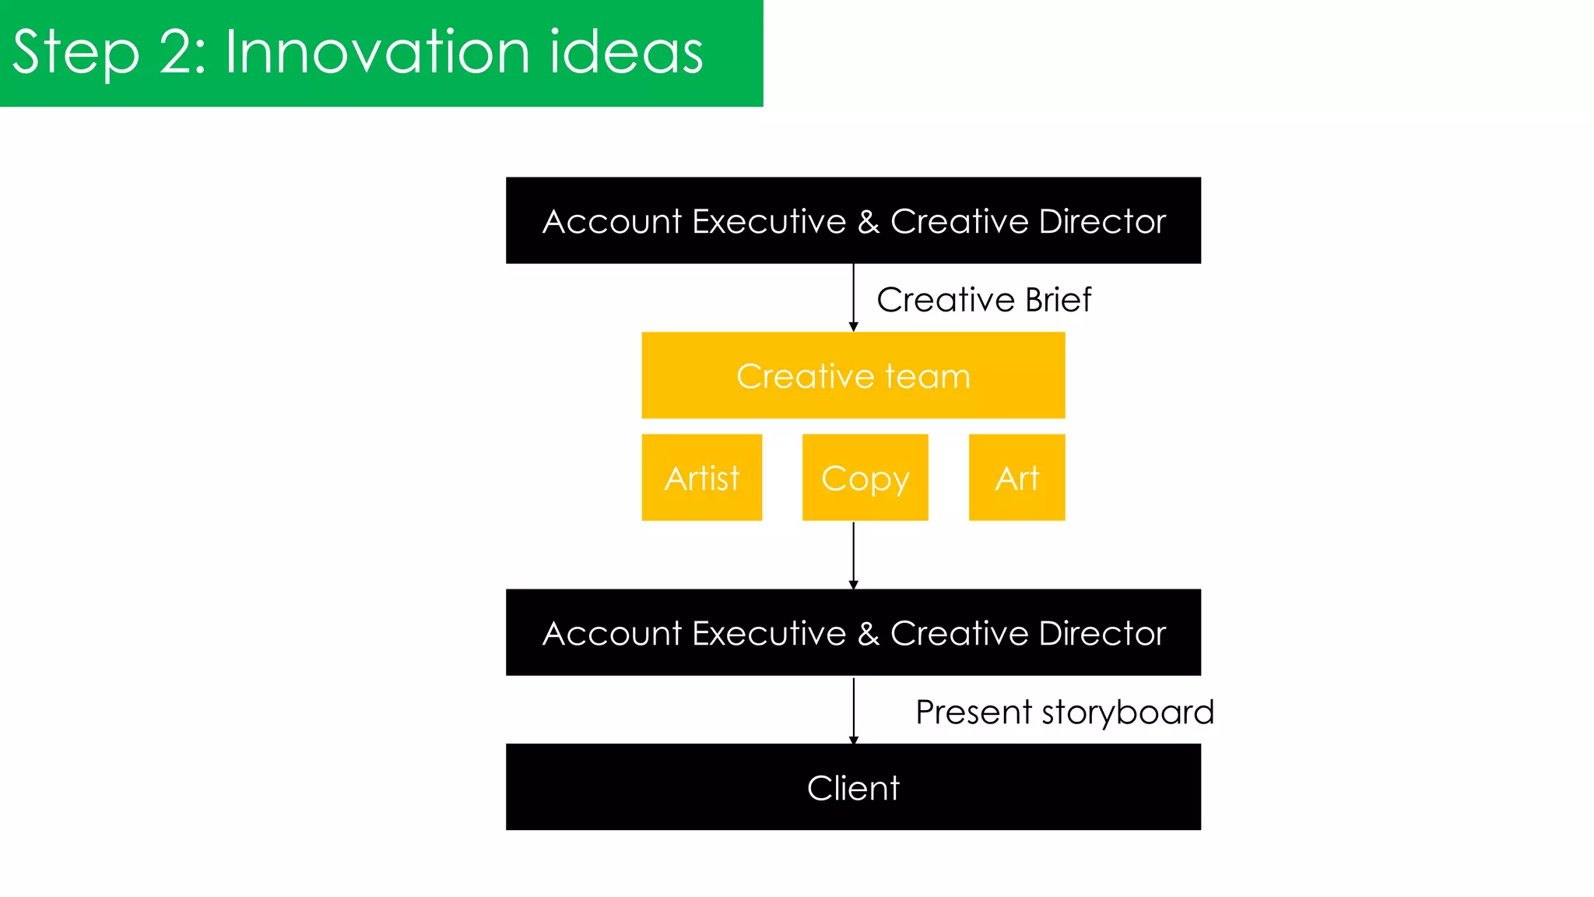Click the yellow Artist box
(x=701, y=477)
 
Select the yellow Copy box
(x=865, y=477)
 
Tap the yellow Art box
(x=1016, y=477)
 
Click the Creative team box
(x=853, y=375)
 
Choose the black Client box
(x=853, y=786)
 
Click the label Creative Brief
(x=984, y=300)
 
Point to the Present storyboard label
(x=1064, y=712)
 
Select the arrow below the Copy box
(x=854, y=555)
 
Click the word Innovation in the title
(x=377, y=52)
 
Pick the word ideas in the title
(x=626, y=52)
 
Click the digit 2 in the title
(x=177, y=52)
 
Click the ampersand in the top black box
(x=869, y=222)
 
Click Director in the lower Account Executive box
(x=1102, y=633)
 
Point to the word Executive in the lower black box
(x=769, y=633)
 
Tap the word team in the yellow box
(x=928, y=377)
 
